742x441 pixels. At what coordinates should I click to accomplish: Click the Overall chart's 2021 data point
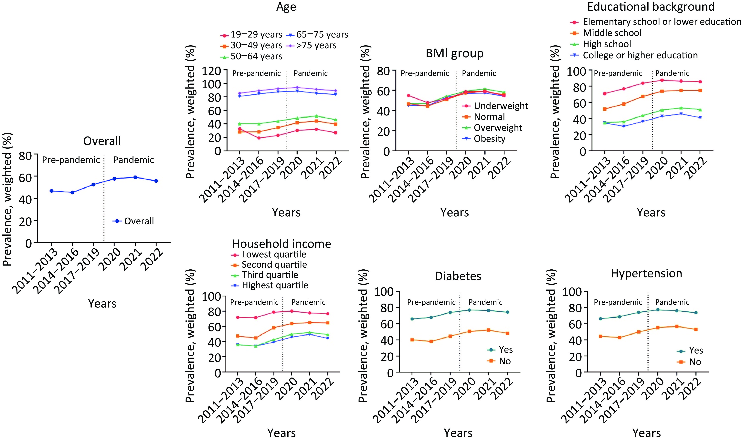135,177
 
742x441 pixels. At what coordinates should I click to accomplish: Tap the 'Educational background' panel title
651,7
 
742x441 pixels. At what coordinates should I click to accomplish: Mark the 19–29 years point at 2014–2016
259,138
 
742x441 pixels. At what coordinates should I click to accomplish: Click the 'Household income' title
281,244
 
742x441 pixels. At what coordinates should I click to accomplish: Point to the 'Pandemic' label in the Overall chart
133,160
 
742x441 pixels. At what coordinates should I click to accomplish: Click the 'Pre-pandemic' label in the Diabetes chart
431,302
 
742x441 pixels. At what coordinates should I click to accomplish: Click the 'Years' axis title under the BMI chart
454,212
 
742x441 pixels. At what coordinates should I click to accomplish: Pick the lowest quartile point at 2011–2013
237,317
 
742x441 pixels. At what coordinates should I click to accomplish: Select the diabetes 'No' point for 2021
488,330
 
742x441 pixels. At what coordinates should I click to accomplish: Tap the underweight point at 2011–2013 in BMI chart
408,96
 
